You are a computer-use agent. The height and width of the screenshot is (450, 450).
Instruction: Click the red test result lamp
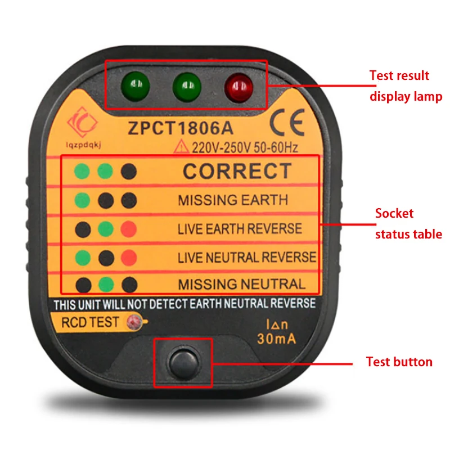(238, 87)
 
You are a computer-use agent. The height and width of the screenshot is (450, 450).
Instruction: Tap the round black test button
(184, 363)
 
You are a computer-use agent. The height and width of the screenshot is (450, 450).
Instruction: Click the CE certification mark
(287, 122)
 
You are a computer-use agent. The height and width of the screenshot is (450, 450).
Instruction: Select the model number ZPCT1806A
(181, 128)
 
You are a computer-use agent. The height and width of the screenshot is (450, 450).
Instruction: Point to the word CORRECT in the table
(237, 171)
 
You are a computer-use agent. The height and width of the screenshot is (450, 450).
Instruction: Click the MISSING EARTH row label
(233, 200)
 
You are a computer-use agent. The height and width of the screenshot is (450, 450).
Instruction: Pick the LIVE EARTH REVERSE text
(240, 229)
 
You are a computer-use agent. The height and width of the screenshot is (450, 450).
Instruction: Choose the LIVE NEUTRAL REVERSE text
(247, 257)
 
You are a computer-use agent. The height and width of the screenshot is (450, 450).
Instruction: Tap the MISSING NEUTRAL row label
(242, 285)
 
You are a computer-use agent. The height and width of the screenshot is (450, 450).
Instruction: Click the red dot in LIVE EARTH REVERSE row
(129, 229)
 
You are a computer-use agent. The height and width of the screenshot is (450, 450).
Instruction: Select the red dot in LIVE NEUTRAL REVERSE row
(129, 258)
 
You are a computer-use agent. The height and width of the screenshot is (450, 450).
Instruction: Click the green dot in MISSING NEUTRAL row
(106, 285)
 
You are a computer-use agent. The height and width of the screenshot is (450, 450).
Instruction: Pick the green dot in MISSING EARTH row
(82, 200)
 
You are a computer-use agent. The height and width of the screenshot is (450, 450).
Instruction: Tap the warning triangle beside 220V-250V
(181, 146)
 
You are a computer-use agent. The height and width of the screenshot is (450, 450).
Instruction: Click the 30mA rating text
(276, 339)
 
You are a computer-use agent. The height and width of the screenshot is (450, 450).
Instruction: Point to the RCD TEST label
(90, 322)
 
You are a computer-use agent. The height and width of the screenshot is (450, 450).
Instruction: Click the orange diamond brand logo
(82, 122)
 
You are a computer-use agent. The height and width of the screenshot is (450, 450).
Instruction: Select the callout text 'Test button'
(399, 362)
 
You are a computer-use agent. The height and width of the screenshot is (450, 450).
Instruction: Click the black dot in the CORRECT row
(129, 172)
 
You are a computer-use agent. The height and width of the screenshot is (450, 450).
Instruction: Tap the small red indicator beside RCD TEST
(134, 322)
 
